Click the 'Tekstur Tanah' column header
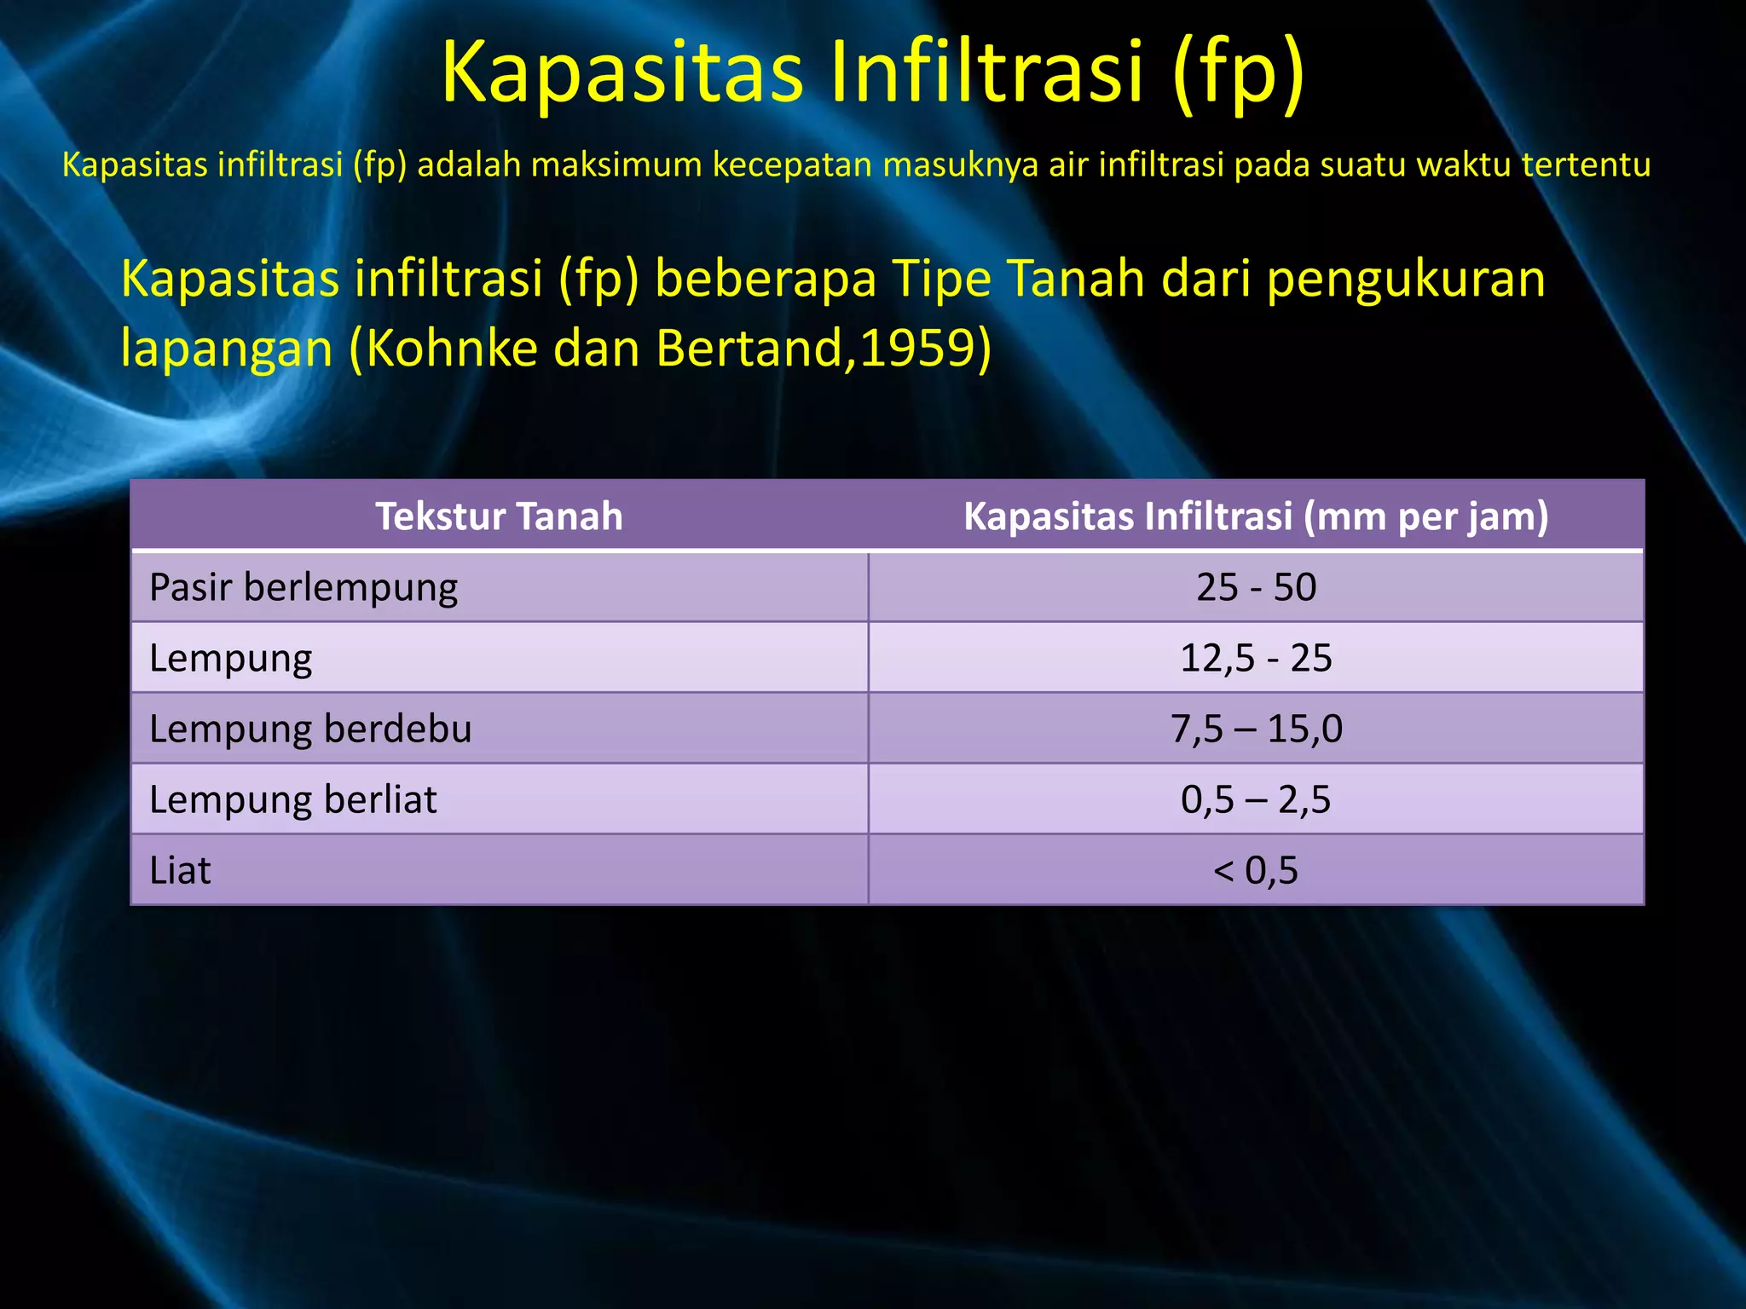coord(500,516)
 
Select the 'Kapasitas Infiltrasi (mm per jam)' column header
coord(1256,516)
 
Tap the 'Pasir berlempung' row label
coord(304,588)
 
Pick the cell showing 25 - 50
coord(1256,588)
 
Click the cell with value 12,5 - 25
coord(1256,659)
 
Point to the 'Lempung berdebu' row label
coord(310,729)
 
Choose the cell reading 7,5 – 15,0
coord(1256,729)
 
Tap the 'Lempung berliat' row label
coord(292,800)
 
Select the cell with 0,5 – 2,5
coord(1256,800)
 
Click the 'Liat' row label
coord(180,871)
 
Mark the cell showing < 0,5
coord(1256,871)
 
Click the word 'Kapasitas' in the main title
coord(622,72)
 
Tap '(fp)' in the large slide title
coord(1238,72)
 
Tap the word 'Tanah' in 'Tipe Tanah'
coord(1075,279)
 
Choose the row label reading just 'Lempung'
coord(231,659)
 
